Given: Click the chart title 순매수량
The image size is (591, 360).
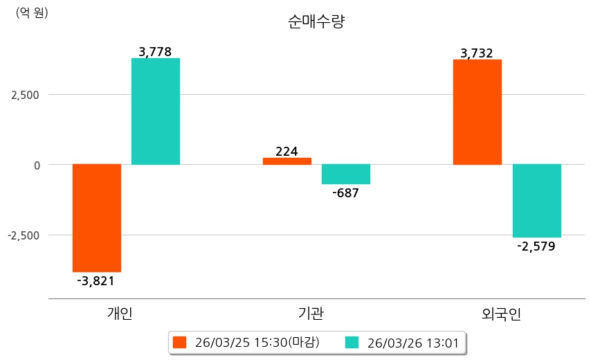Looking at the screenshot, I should click(x=316, y=21).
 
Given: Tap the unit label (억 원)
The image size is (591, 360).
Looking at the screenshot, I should click(x=32, y=12).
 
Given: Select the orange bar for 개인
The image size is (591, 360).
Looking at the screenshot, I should click(x=97, y=217).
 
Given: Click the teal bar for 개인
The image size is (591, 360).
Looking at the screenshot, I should click(x=156, y=111).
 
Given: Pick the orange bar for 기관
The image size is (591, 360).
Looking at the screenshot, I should click(x=287, y=161).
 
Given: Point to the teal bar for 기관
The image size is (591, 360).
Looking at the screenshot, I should click(x=346, y=174).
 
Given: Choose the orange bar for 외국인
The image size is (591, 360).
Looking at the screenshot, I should click(x=478, y=111).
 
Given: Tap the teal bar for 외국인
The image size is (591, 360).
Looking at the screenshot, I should click(x=537, y=201).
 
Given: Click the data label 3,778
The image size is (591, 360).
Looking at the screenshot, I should click(x=155, y=51).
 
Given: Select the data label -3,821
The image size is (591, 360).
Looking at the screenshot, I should click(x=96, y=280).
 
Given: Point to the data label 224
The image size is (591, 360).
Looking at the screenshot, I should click(x=287, y=150).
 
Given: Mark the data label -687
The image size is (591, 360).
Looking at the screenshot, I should click(x=345, y=193).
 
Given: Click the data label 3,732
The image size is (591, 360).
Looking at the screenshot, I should click(x=477, y=53).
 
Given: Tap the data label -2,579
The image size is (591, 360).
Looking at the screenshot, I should click(x=536, y=246).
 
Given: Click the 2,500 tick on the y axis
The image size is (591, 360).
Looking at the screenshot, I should click(x=25, y=95).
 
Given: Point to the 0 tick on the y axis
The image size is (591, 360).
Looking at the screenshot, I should click(x=35, y=165).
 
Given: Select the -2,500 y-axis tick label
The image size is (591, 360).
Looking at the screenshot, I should click(x=24, y=235).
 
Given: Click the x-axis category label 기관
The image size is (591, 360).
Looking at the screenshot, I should click(x=307, y=314).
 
